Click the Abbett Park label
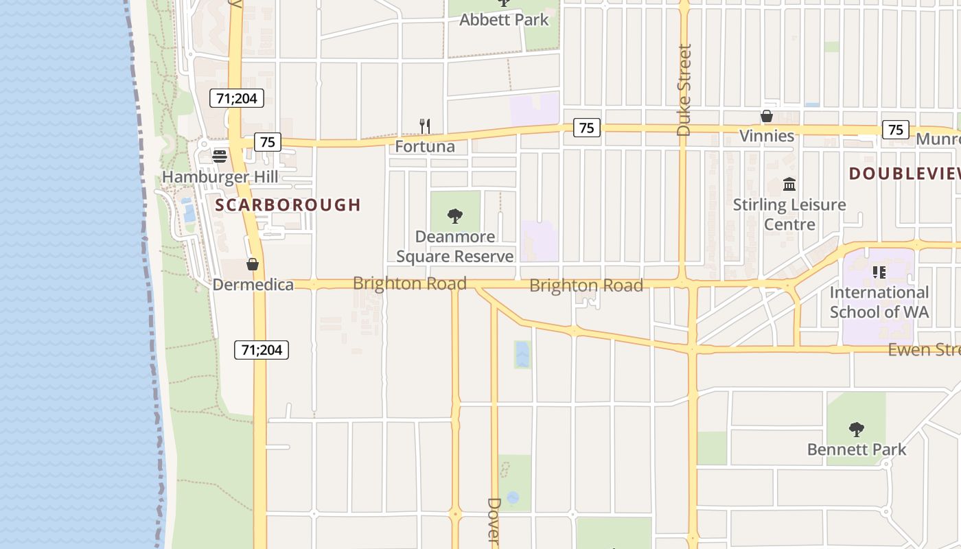[504, 20]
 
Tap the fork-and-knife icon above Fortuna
[425, 126]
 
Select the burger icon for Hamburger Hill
[220, 156]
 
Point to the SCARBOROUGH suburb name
[288, 205]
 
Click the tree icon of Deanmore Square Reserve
[454, 217]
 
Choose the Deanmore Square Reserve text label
[454, 247]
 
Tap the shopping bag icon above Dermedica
[253, 264]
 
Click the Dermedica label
[253, 284]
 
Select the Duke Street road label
[684, 90]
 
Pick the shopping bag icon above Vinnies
[767, 117]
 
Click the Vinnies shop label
[767, 136]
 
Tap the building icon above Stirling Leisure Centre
[789, 185]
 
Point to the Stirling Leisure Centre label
[789, 214]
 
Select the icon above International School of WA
[879, 272]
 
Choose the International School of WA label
[879, 302]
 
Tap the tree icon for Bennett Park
[856, 430]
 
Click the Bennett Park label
[856, 449]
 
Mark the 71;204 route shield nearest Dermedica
[262, 350]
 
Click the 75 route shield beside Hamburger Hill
[268, 142]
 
